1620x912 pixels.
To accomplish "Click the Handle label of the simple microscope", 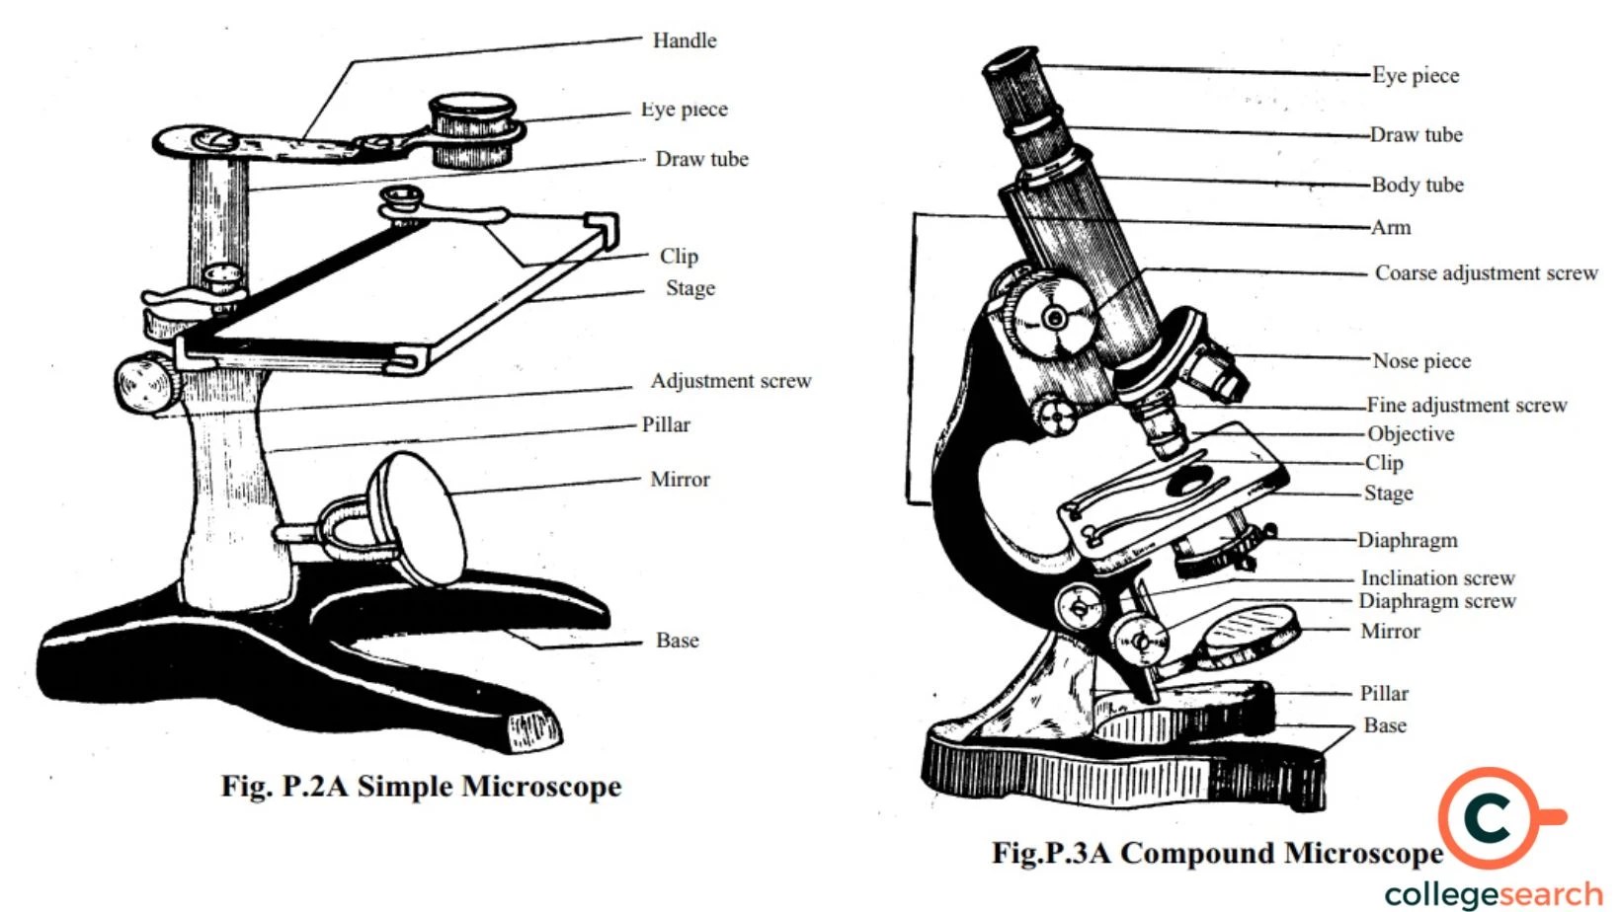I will point(684,40).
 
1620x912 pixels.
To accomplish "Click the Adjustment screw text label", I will point(730,381).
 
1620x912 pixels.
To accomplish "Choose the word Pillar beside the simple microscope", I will point(666,424).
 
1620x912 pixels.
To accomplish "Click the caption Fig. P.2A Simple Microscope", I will point(421,787).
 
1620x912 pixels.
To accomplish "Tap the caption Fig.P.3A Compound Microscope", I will point(1217,853).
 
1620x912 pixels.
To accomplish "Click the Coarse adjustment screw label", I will point(1486,272).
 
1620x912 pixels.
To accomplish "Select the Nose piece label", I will point(1421,361).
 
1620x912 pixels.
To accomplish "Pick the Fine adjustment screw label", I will point(1466,405).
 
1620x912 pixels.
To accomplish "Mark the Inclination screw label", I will point(1437,577).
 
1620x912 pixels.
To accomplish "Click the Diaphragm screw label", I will point(1436,601).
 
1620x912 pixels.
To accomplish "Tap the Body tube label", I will point(1417,185).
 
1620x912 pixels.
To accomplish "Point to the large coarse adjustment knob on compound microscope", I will point(1055,317).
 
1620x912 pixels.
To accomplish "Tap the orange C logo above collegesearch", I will point(1490,817).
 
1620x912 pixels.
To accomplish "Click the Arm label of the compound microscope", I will point(1391,228).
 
